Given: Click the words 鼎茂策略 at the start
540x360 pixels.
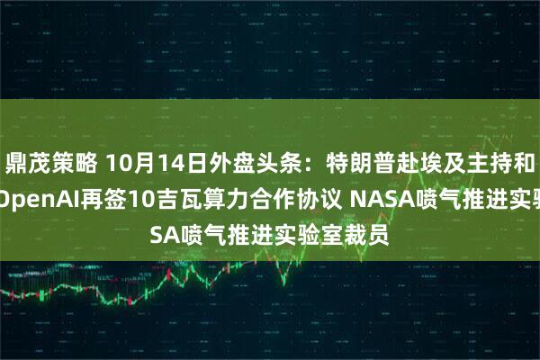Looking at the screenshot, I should coord(44,164).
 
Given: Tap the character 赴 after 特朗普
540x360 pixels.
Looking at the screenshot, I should coord(357,164).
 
